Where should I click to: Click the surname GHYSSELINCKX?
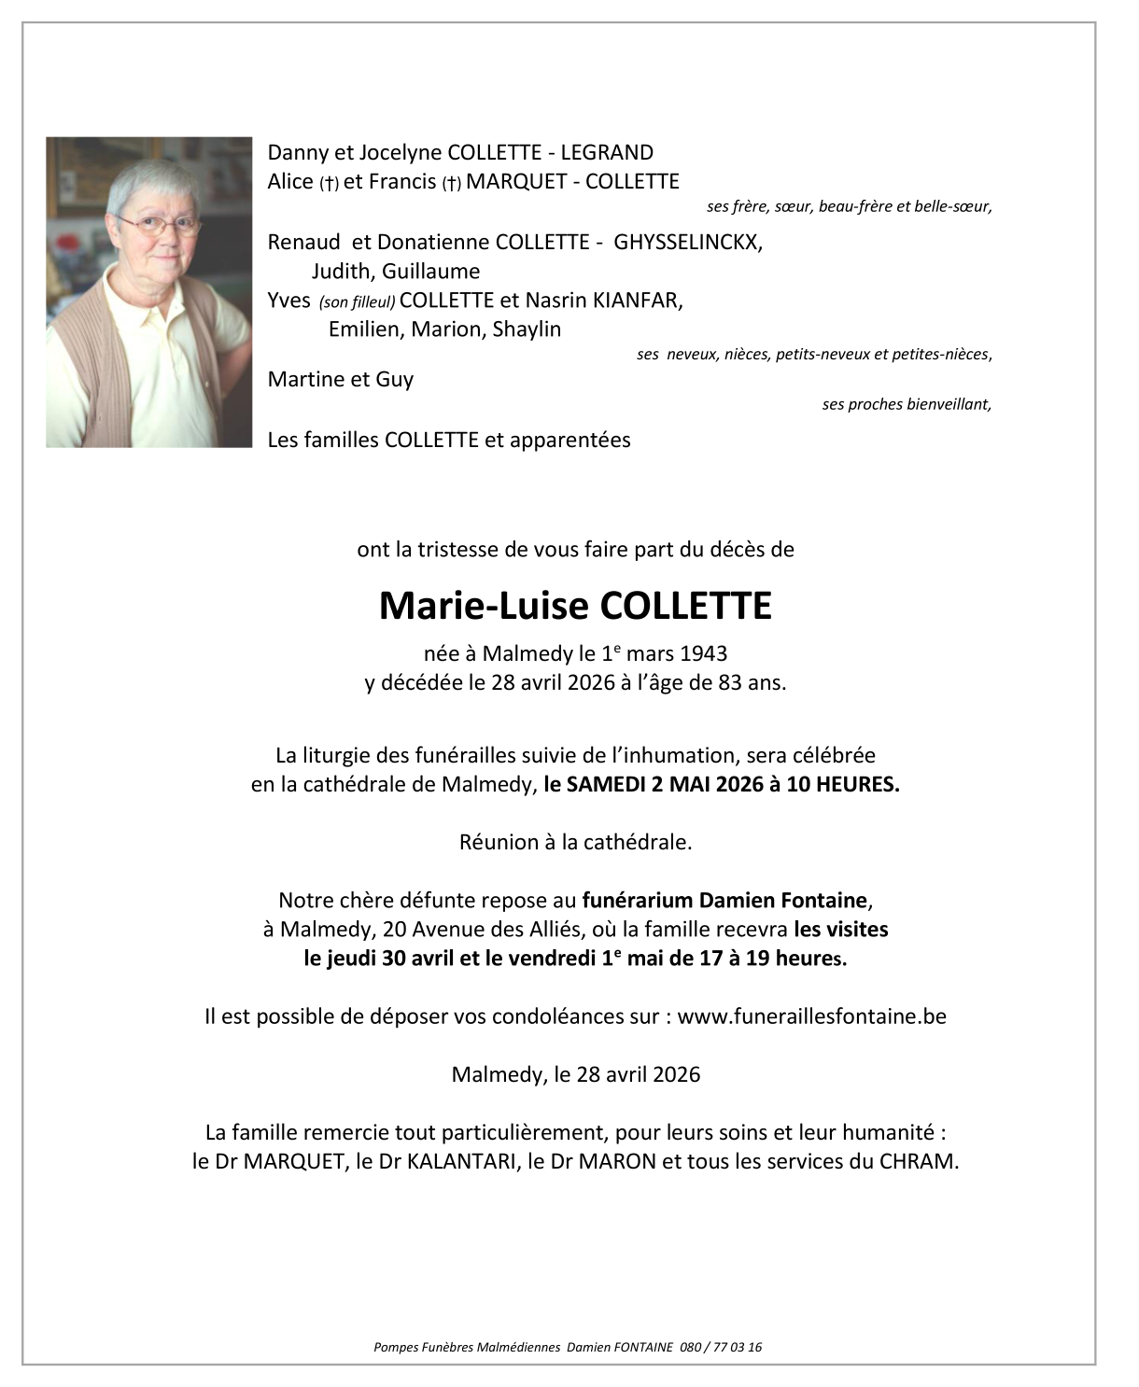pos(687,243)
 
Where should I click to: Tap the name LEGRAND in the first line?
pos(607,153)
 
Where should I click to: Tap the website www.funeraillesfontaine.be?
pos(811,1016)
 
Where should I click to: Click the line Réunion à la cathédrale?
pos(575,843)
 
